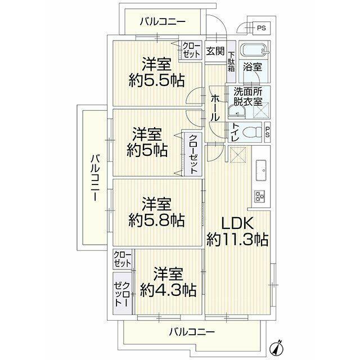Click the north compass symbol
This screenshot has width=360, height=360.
click(x=277, y=348)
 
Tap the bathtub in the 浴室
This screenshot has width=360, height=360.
click(x=254, y=50)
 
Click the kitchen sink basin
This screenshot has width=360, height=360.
click(x=261, y=170)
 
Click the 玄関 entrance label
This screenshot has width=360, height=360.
click(x=215, y=51)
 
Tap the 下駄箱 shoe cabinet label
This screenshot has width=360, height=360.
click(x=231, y=61)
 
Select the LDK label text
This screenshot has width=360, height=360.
click(x=237, y=223)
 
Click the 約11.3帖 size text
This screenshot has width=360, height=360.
click(x=237, y=240)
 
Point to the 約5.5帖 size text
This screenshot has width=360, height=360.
click(x=157, y=80)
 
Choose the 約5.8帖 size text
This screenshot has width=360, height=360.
click(x=156, y=220)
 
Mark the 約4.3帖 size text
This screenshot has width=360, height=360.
click(x=168, y=290)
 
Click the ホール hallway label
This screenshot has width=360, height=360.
click(x=215, y=107)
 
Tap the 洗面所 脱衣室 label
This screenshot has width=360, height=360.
click(x=248, y=96)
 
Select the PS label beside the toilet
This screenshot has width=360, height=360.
click(x=267, y=133)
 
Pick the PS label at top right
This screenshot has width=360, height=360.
click(x=261, y=28)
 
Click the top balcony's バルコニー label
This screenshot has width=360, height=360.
click(x=163, y=22)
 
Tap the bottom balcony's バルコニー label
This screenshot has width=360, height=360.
click(x=192, y=332)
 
